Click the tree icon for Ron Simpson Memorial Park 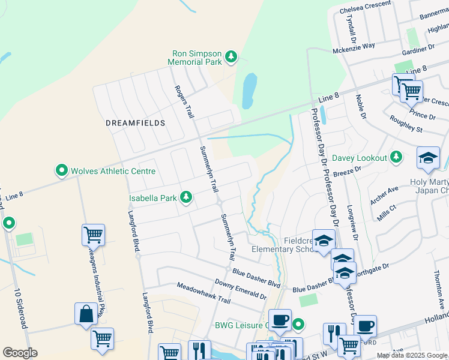click(x=231, y=58)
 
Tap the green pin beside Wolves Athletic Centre click(x=61, y=171)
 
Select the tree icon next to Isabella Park click(x=186, y=197)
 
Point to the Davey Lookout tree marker click(x=396, y=158)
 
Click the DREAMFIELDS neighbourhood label click(x=135, y=122)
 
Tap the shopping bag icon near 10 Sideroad click(x=86, y=313)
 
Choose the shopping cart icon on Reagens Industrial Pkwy click(x=93, y=235)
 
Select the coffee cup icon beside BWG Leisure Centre click(x=279, y=320)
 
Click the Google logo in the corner click(x=20, y=353)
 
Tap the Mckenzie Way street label click(x=354, y=46)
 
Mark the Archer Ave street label click(x=384, y=195)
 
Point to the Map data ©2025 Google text click(x=412, y=355)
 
